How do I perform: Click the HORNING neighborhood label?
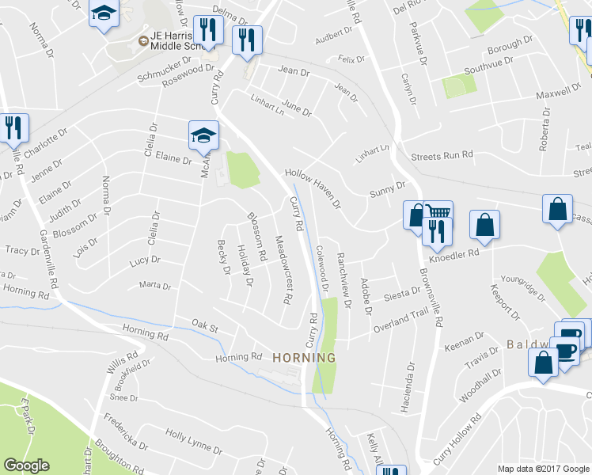(304, 358)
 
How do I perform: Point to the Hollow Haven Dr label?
(313, 187)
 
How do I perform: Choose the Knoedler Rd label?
(455, 255)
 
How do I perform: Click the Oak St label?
(204, 323)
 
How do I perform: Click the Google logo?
(26, 465)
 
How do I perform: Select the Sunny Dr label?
(387, 189)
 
